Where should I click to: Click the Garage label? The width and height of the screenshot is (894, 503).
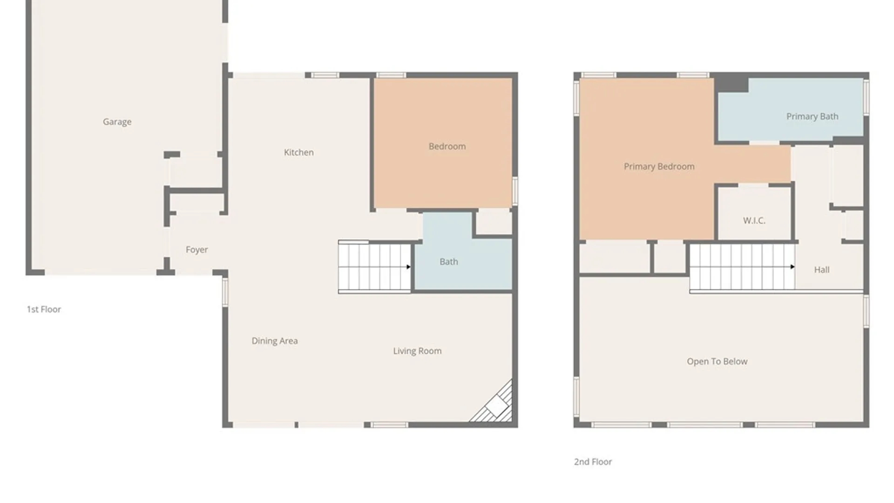[x=117, y=122]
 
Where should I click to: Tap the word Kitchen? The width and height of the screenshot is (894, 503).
[x=298, y=152]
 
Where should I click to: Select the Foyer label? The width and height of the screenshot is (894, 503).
[x=196, y=250]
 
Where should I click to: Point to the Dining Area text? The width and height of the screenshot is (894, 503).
[x=274, y=341]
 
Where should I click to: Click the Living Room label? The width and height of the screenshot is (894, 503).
[x=417, y=351]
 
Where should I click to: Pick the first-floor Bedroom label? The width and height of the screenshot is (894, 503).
[x=447, y=146]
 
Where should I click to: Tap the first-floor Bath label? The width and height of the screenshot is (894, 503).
[x=448, y=262]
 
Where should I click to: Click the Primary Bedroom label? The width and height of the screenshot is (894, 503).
[x=659, y=167]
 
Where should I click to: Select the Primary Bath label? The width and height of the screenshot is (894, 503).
[x=812, y=116]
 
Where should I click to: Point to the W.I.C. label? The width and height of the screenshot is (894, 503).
[x=754, y=221]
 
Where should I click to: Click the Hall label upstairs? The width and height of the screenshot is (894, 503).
[x=821, y=270]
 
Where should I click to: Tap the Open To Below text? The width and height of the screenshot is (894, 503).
[x=717, y=361]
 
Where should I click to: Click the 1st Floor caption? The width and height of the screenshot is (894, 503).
[x=44, y=309]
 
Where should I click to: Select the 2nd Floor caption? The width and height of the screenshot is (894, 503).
[x=593, y=462]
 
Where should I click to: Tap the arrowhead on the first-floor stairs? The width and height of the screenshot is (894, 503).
[x=408, y=267]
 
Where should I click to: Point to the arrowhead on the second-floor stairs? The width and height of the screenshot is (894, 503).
[x=792, y=267]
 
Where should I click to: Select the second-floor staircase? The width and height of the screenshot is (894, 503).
[x=741, y=267]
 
